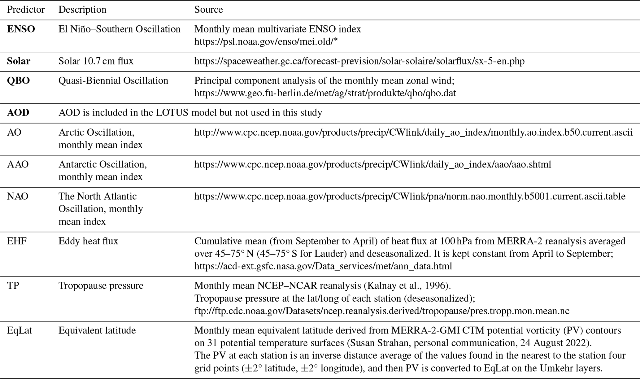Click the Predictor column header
click(26, 10)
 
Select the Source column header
click(208, 10)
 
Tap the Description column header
click(82, 10)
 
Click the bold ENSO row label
click(21, 29)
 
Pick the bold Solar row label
click(19, 61)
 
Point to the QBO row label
click(18, 81)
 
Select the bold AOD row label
click(18, 112)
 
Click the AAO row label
click(18, 164)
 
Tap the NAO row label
click(18, 196)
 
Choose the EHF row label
click(17, 241)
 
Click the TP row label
click(13, 285)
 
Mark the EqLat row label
click(20, 330)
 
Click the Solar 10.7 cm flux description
click(96, 61)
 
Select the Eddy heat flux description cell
click(88, 241)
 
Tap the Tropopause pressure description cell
click(101, 285)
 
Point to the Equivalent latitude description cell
click(97, 330)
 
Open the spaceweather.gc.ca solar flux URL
click(359, 61)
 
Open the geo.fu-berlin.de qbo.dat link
click(325, 93)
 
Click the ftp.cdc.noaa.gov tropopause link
click(381, 311)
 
